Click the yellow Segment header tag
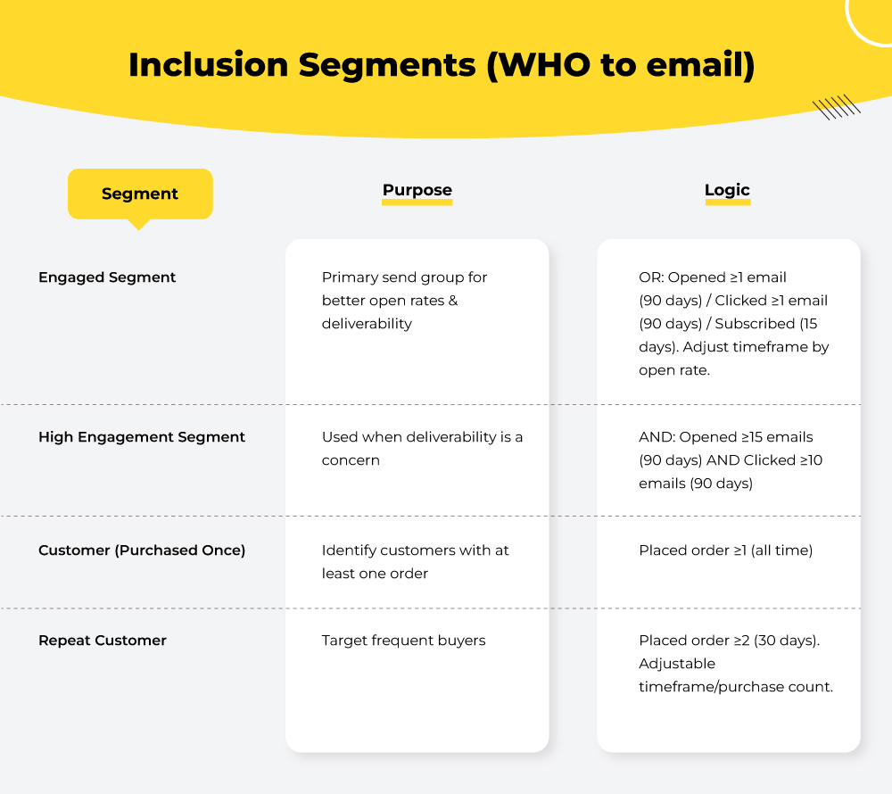coord(140,194)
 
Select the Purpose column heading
coord(417,190)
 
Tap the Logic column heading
coord(727,190)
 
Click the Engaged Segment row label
coord(107,277)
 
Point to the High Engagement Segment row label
coord(142,437)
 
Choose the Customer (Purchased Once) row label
coord(142,550)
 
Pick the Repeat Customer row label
coord(103,641)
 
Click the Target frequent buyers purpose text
coord(403,641)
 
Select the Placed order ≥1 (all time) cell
coord(725,550)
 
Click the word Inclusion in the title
coord(207,67)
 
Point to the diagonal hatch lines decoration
coord(837,108)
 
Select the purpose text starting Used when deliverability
coord(422,449)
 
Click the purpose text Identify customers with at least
coord(415,562)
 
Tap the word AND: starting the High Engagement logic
coord(657,437)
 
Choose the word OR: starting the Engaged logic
coord(651,277)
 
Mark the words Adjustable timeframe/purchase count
coord(735,675)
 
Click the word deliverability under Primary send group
coord(367,324)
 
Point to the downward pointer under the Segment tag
coord(138,225)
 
